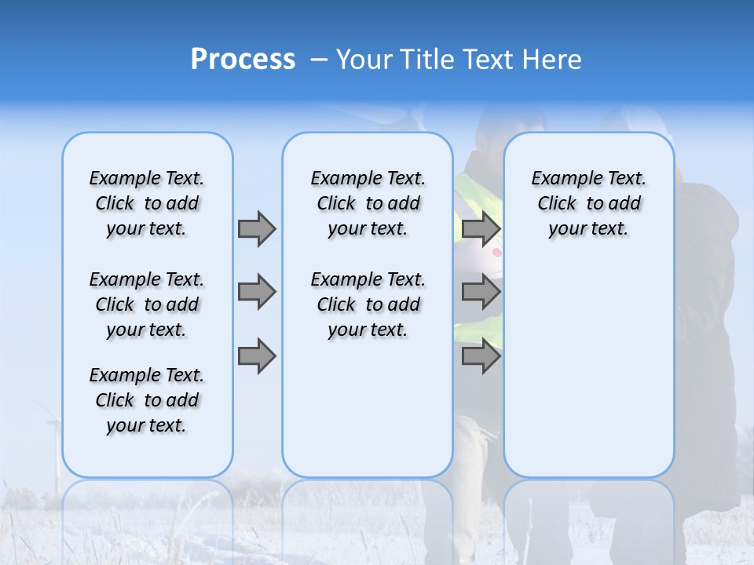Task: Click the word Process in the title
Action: point(243,60)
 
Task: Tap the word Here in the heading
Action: point(551,60)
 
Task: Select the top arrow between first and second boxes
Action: point(256,228)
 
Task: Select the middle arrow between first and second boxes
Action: point(256,292)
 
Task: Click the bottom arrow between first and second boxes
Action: point(256,356)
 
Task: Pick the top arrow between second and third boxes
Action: point(481,228)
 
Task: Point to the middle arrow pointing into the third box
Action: point(481,292)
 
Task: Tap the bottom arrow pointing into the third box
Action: point(481,356)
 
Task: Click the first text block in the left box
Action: point(147,203)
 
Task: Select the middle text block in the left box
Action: point(147,304)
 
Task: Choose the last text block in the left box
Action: point(147,400)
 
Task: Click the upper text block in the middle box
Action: point(368,203)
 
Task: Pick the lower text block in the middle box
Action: point(368,304)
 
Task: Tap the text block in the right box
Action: point(589,203)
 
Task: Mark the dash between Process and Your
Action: point(318,60)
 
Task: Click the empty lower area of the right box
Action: point(589,377)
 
